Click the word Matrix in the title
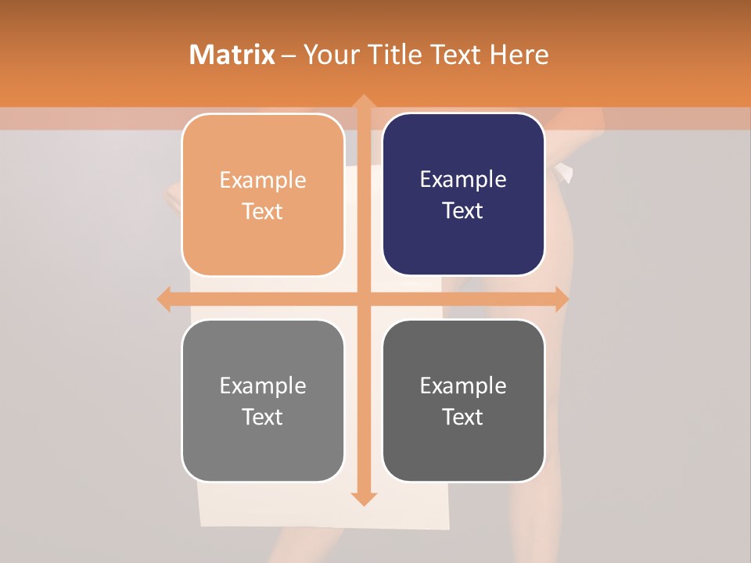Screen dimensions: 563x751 point(232,55)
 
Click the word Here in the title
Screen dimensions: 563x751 point(519,55)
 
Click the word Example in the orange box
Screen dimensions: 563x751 point(263,181)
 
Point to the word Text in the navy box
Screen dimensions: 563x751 point(463,211)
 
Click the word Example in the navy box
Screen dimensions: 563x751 point(463,180)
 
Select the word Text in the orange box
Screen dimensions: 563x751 point(263,212)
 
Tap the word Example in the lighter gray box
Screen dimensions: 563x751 point(263,385)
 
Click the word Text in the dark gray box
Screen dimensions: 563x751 point(463,417)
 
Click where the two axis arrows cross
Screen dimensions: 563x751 point(363,299)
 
